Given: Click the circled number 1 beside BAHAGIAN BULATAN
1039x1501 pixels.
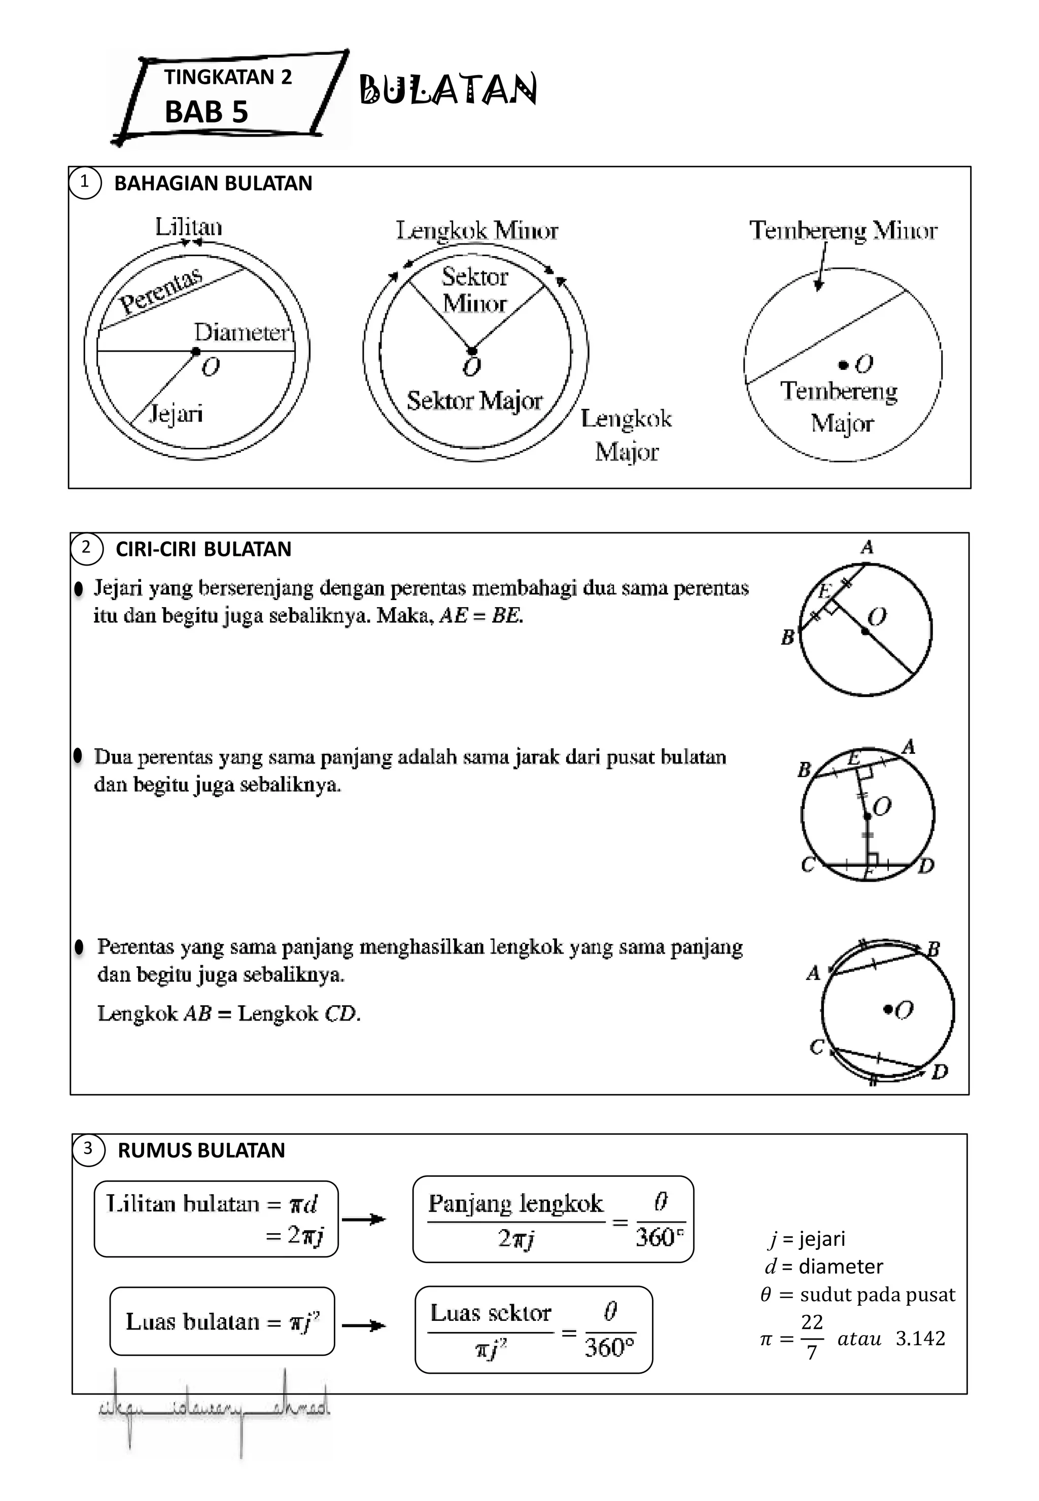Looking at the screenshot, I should [x=84, y=182].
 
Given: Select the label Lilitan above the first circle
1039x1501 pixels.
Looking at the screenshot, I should [x=188, y=227].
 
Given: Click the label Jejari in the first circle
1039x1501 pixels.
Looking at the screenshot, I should [x=176, y=413].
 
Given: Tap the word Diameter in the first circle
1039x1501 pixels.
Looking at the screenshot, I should [x=241, y=333].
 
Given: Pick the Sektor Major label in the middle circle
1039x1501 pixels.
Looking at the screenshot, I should [x=474, y=401].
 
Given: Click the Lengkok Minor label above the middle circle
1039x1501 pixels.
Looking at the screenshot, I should [x=477, y=230].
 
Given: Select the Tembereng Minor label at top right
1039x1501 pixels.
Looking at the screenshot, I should [x=843, y=230].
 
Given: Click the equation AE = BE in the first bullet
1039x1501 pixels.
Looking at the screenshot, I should [x=482, y=615].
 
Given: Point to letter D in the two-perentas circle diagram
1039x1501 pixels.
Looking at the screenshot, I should [x=926, y=866].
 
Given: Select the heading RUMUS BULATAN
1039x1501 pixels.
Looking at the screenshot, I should [x=201, y=1150].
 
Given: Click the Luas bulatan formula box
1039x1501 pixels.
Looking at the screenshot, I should [x=222, y=1321].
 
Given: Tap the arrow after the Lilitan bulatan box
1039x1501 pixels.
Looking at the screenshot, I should [x=364, y=1219].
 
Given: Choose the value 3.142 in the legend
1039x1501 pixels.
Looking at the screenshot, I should [x=920, y=1338].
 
